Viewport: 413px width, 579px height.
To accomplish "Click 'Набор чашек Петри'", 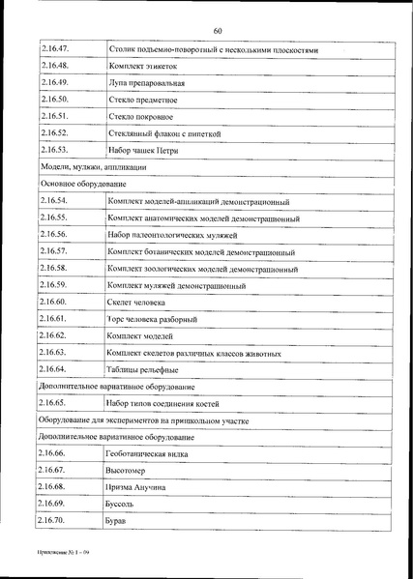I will pos(144,150).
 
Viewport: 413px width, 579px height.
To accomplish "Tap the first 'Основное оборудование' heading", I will pos(81,183).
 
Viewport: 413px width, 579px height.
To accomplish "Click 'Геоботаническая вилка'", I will pos(149,453).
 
